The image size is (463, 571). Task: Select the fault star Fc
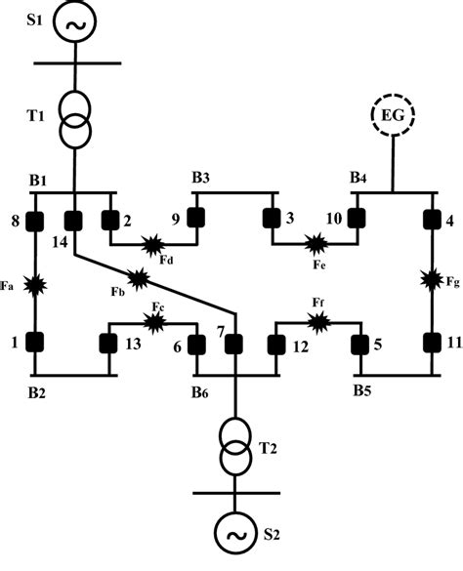point(154,319)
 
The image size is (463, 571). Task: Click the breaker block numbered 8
point(36,222)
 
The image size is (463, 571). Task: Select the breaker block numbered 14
point(74,222)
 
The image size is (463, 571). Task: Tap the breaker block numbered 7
point(234,343)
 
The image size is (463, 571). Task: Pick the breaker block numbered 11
point(432,343)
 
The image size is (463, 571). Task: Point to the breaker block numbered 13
point(109,343)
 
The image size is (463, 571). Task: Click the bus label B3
point(201,179)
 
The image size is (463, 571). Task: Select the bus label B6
point(200,392)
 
